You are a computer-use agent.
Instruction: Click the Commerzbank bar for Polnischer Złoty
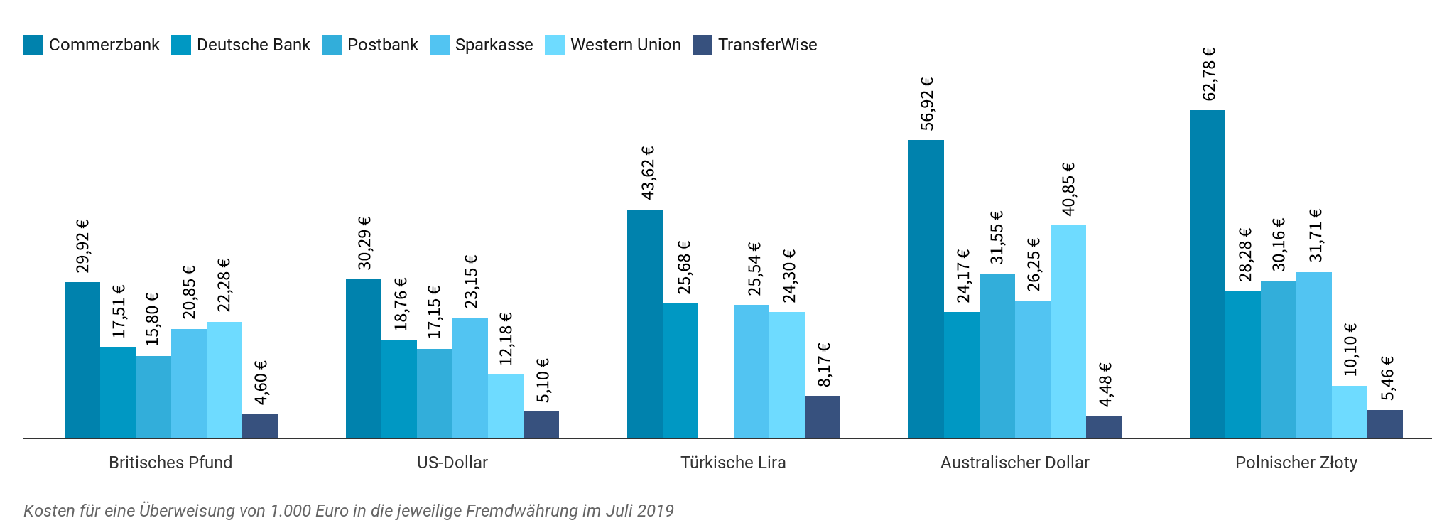coord(1207,274)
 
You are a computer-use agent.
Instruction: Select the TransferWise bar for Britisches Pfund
coord(259,426)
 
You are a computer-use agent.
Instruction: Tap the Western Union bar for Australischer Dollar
coord(1068,331)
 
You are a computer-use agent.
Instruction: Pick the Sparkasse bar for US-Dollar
coord(470,377)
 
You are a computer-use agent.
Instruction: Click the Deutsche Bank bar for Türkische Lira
coord(680,370)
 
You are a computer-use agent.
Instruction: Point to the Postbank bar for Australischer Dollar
coord(997,355)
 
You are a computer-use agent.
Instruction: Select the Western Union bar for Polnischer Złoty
coord(1349,411)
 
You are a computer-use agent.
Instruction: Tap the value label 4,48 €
coord(1105,384)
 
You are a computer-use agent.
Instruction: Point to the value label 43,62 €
coord(648,173)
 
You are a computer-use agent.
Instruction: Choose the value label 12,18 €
coord(506,339)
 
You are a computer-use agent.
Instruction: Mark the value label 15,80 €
coord(152,319)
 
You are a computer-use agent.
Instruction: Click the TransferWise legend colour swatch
coord(702,45)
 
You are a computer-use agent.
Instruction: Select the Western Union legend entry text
coord(625,45)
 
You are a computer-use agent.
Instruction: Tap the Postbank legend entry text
coord(382,45)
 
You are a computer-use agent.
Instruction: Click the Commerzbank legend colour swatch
coord(33,45)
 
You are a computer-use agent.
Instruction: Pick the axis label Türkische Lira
coord(733,463)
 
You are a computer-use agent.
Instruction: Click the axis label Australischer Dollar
coord(1014,463)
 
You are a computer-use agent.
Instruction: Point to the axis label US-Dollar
coord(452,463)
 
